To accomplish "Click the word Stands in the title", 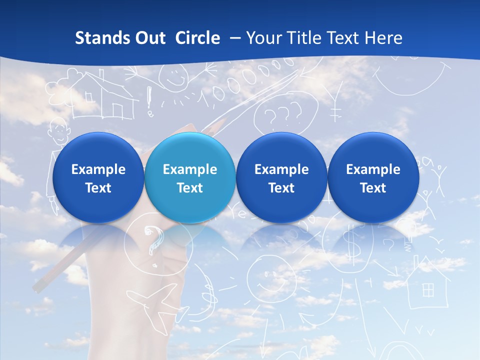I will click(x=98, y=38).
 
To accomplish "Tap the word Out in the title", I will click(x=148, y=38).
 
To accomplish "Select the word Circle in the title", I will click(x=197, y=38).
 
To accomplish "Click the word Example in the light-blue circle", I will click(x=190, y=169).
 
